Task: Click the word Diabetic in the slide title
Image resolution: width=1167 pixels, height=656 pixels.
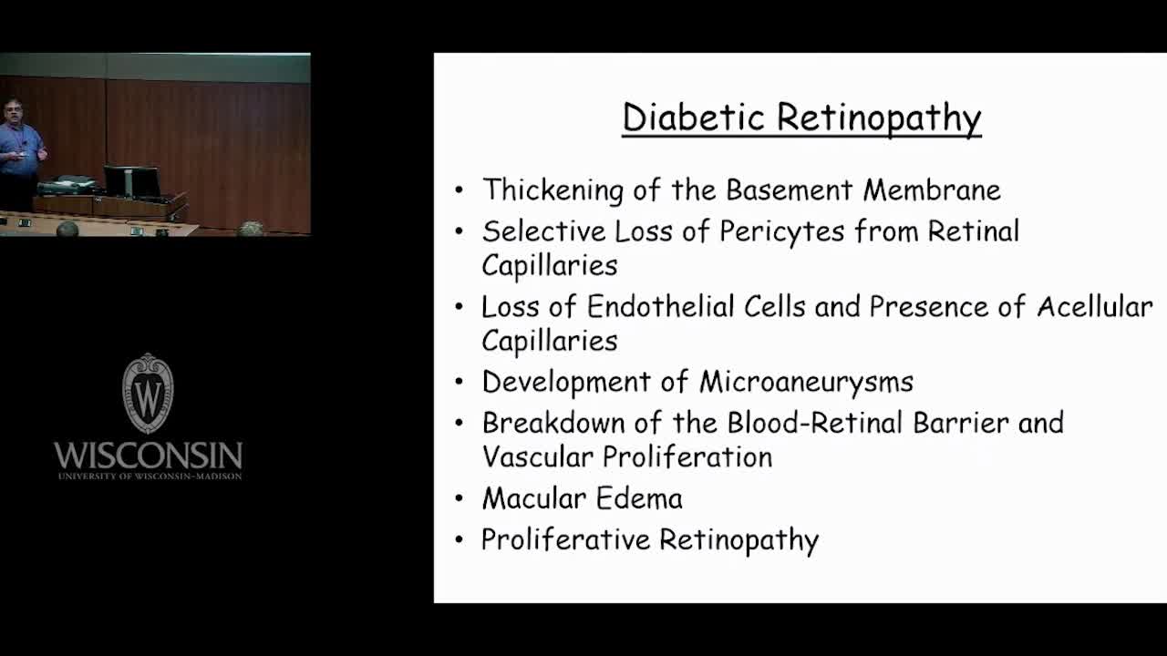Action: pos(694,118)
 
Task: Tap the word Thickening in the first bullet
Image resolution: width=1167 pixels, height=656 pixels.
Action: pos(553,190)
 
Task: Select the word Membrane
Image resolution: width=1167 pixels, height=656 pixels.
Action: pos(932,190)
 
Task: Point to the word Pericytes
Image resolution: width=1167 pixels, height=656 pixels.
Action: pos(782,232)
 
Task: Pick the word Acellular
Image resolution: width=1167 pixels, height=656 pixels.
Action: pos(1095,307)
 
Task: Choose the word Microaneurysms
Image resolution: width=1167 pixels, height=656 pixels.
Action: pos(807,383)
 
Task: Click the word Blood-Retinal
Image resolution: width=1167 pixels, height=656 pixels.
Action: pos(815,423)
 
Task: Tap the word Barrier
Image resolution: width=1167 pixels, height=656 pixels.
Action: pos(961,423)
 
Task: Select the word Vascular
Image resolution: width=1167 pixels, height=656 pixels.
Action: pos(538,457)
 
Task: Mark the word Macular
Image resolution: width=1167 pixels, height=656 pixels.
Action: pos(534,498)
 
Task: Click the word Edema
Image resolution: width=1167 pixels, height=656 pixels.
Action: pos(639,498)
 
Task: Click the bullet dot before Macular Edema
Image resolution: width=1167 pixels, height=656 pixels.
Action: pos(459,499)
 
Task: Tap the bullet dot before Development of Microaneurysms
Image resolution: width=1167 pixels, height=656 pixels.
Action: pos(459,383)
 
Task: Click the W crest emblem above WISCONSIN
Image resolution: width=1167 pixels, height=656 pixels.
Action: pos(148,393)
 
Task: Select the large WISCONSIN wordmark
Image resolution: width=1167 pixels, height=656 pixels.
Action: pos(148,456)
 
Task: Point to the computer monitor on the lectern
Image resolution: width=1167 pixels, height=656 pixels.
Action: pos(131,181)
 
